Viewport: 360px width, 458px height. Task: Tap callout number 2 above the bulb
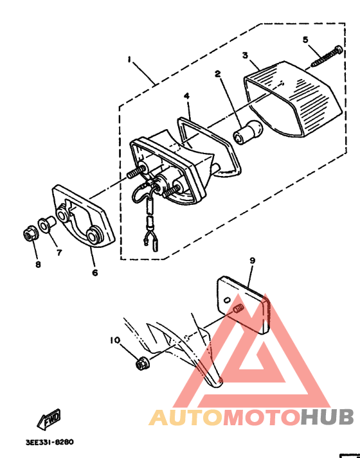(218, 74)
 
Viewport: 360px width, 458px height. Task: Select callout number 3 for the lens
(245, 56)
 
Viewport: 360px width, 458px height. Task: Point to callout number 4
(186, 96)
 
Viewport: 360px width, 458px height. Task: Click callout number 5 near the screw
(306, 40)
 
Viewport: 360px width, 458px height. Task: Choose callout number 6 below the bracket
(94, 272)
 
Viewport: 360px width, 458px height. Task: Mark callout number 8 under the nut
(37, 263)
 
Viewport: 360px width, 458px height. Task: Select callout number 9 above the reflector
(253, 260)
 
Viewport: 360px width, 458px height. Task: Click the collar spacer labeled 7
(46, 225)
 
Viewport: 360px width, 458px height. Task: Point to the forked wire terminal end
(152, 241)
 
